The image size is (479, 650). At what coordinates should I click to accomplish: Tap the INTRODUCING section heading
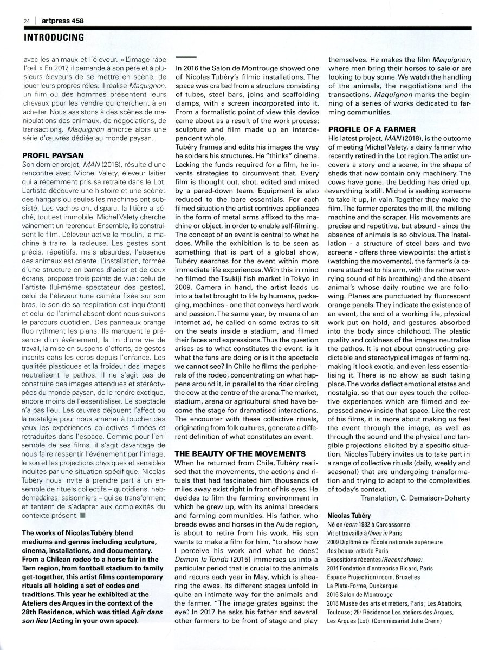[x=54, y=37]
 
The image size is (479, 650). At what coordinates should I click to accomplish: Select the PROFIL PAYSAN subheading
[x=51, y=154]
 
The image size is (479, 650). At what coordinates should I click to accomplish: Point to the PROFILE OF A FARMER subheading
[x=371, y=129]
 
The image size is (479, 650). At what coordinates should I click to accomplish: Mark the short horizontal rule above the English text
[x=186, y=56]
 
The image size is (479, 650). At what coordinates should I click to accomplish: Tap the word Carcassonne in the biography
[x=393, y=525]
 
